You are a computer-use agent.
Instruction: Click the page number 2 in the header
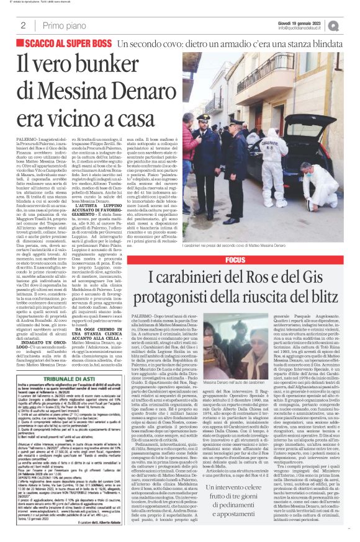coord(23,25)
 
